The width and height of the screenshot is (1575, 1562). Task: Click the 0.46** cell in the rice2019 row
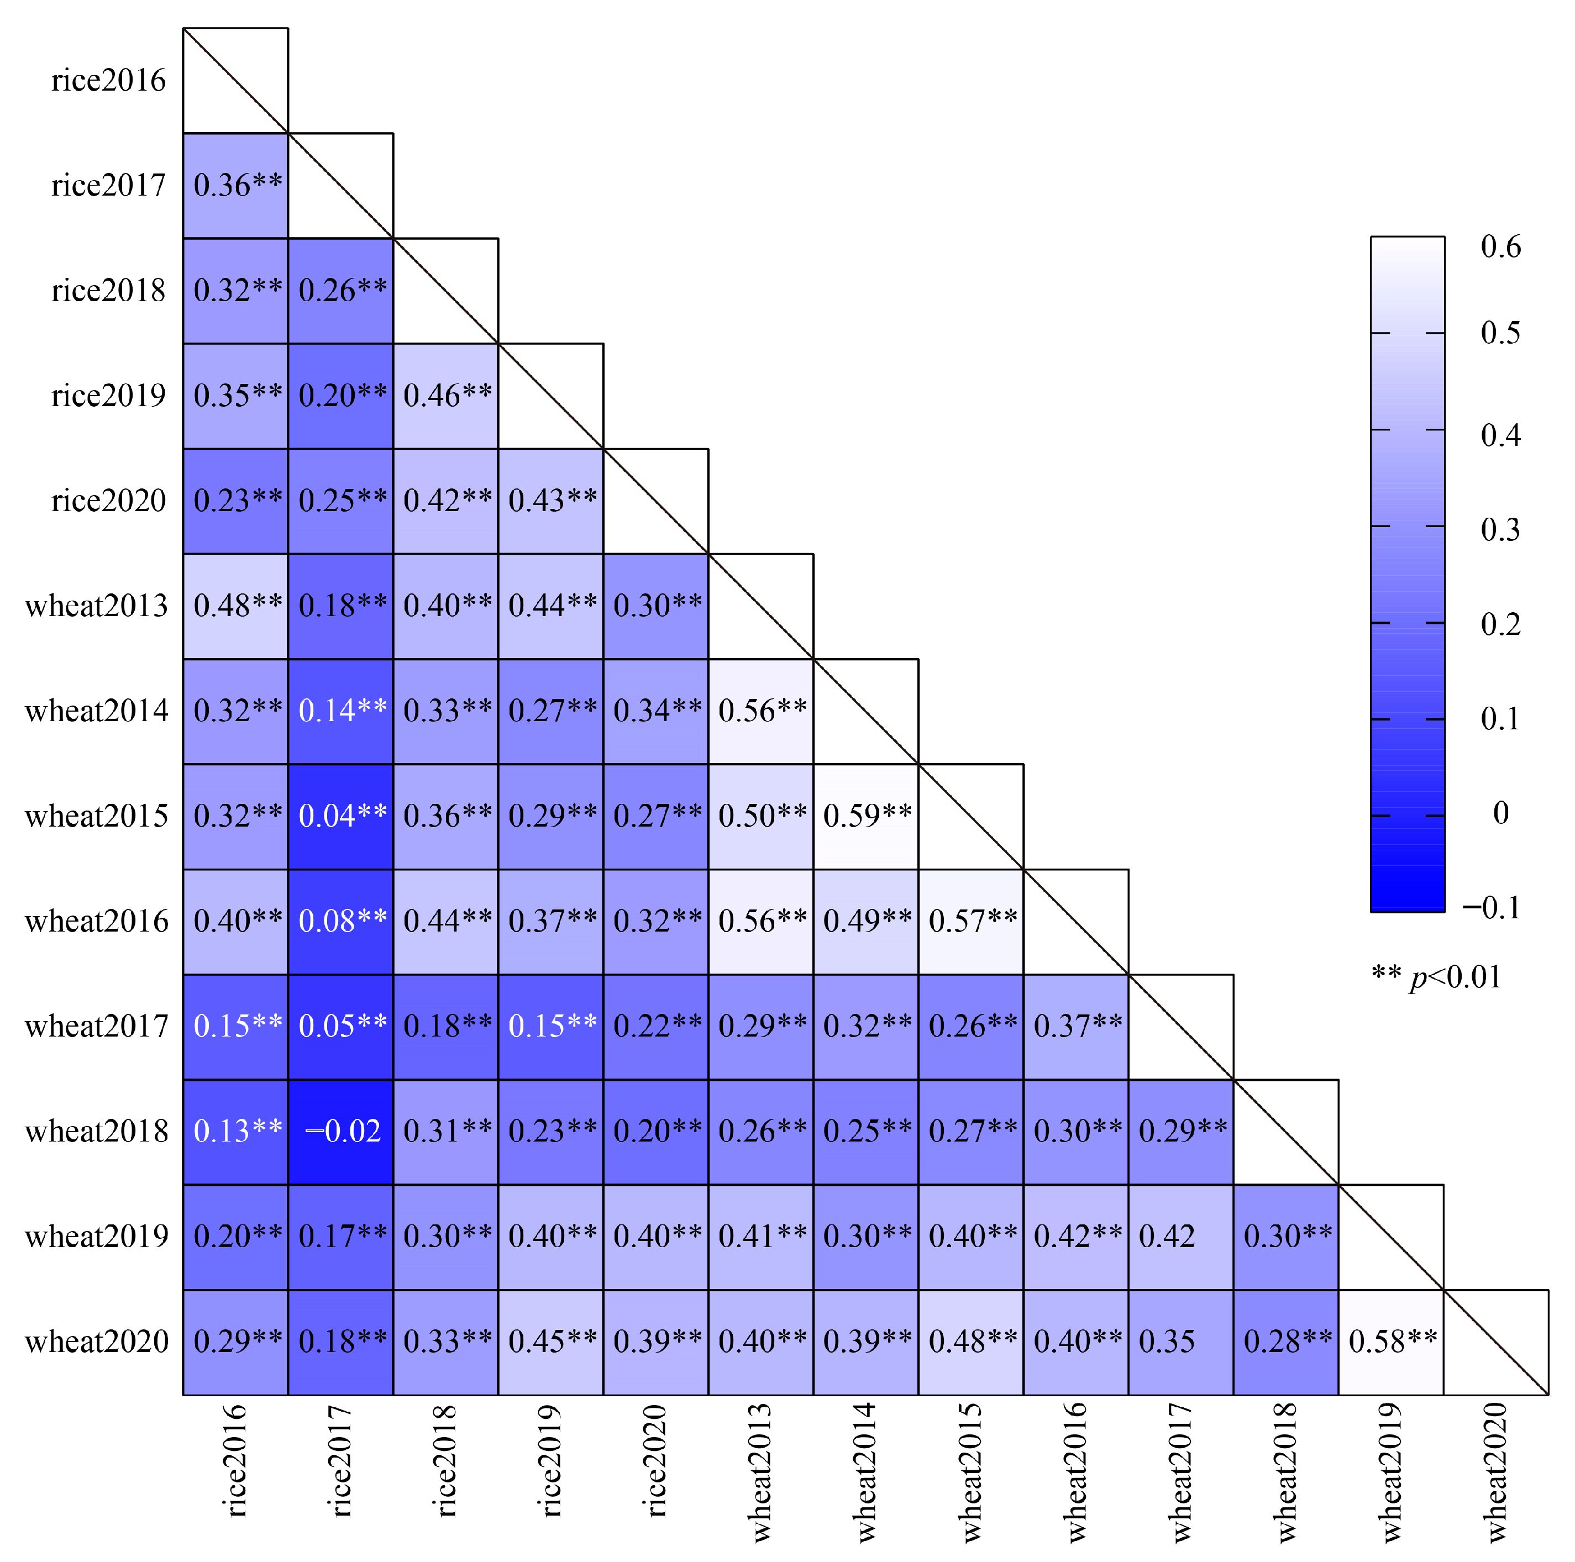[446, 396]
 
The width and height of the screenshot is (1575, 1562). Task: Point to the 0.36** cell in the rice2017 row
[235, 185]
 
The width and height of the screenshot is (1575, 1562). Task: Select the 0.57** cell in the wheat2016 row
[971, 921]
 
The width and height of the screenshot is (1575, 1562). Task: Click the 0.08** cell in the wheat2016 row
[341, 921]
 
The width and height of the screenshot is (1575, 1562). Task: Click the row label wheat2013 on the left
[96, 606]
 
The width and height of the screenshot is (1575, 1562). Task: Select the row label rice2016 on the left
[108, 81]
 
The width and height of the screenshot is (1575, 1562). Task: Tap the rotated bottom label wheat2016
[1076, 1471]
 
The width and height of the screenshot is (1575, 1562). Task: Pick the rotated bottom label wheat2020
[1496, 1471]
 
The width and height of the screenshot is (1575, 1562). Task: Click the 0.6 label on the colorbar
[1500, 246]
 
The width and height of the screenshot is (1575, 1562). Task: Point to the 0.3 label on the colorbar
[1500, 530]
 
